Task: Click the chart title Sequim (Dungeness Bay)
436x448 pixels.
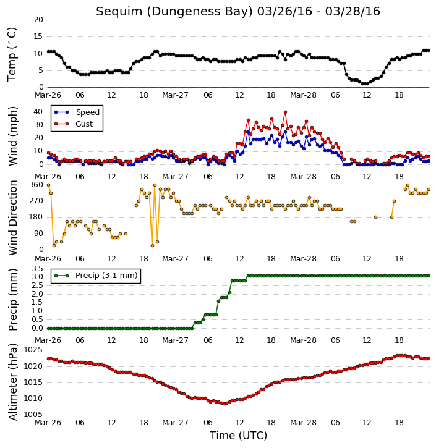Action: (175, 12)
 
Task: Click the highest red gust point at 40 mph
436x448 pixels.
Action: (285, 112)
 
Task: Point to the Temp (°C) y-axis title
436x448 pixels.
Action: (12, 54)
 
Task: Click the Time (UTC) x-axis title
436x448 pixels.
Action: (238, 436)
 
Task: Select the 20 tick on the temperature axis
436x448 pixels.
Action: (38, 20)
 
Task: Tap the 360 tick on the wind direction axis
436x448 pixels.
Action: (36, 185)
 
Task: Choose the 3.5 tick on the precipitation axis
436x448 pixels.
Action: (37, 269)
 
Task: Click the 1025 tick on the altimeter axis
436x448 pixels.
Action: (33, 350)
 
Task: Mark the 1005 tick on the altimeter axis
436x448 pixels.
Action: (33, 415)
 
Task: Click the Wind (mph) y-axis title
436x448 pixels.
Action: (13, 136)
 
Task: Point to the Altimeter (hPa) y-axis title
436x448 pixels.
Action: (13, 382)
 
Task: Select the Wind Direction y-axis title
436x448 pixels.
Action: (13, 218)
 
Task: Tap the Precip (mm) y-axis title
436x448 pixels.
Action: (13, 300)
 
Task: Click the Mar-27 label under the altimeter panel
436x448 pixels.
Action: (175, 422)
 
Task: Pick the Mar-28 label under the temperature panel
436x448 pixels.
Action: (303, 95)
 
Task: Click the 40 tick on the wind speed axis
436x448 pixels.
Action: (38, 112)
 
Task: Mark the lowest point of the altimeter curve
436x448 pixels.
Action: (224, 404)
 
